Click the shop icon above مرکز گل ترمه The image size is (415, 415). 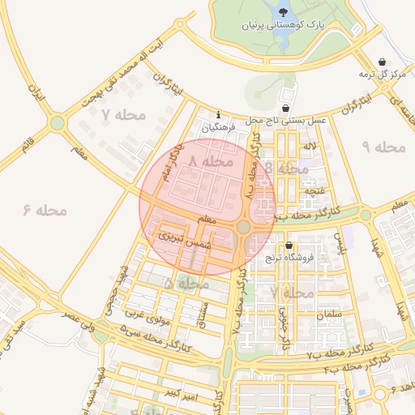382,62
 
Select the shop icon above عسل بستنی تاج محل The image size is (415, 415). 285,108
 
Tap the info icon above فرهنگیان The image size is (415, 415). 217,114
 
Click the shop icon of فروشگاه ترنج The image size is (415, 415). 289,246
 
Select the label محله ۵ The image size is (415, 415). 187,284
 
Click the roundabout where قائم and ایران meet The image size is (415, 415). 57,123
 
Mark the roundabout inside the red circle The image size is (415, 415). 243,227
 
